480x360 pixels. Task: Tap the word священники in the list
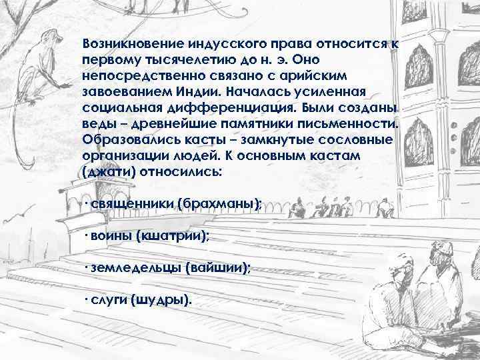[131, 203]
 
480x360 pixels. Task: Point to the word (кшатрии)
[173, 235]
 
